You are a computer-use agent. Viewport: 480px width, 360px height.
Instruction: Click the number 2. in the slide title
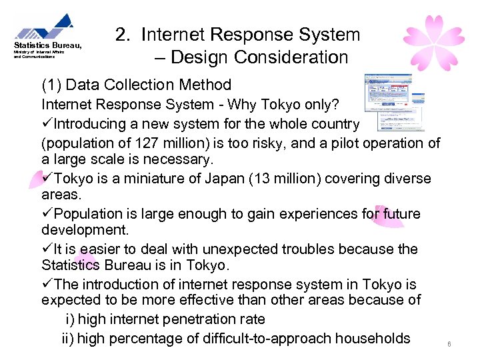click(x=123, y=35)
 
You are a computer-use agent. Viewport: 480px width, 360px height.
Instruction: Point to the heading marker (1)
click(x=51, y=85)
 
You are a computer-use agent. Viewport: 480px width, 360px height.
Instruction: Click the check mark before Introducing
click(x=47, y=125)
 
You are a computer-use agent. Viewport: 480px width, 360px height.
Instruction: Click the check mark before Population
click(x=47, y=214)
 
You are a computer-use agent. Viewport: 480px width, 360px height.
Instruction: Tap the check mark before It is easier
click(x=47, y=249)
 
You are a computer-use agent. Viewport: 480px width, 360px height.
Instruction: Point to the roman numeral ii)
click(x=68, y=338)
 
